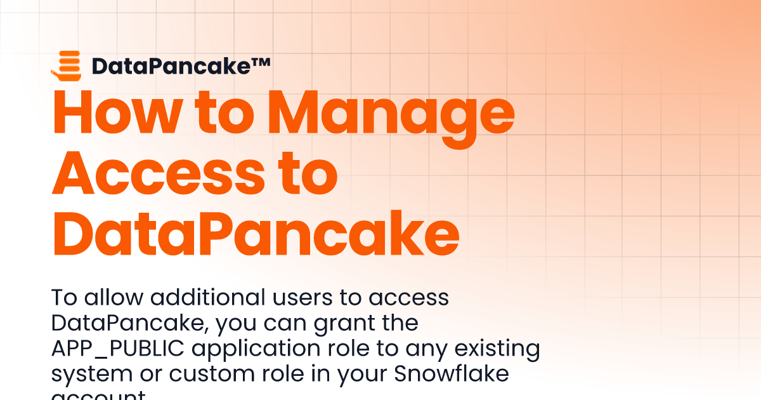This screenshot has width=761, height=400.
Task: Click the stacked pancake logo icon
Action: coord(66,65)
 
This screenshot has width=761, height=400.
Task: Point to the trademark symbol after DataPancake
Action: coord(261,62)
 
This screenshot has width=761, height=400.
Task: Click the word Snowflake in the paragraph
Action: coord(452,374)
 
